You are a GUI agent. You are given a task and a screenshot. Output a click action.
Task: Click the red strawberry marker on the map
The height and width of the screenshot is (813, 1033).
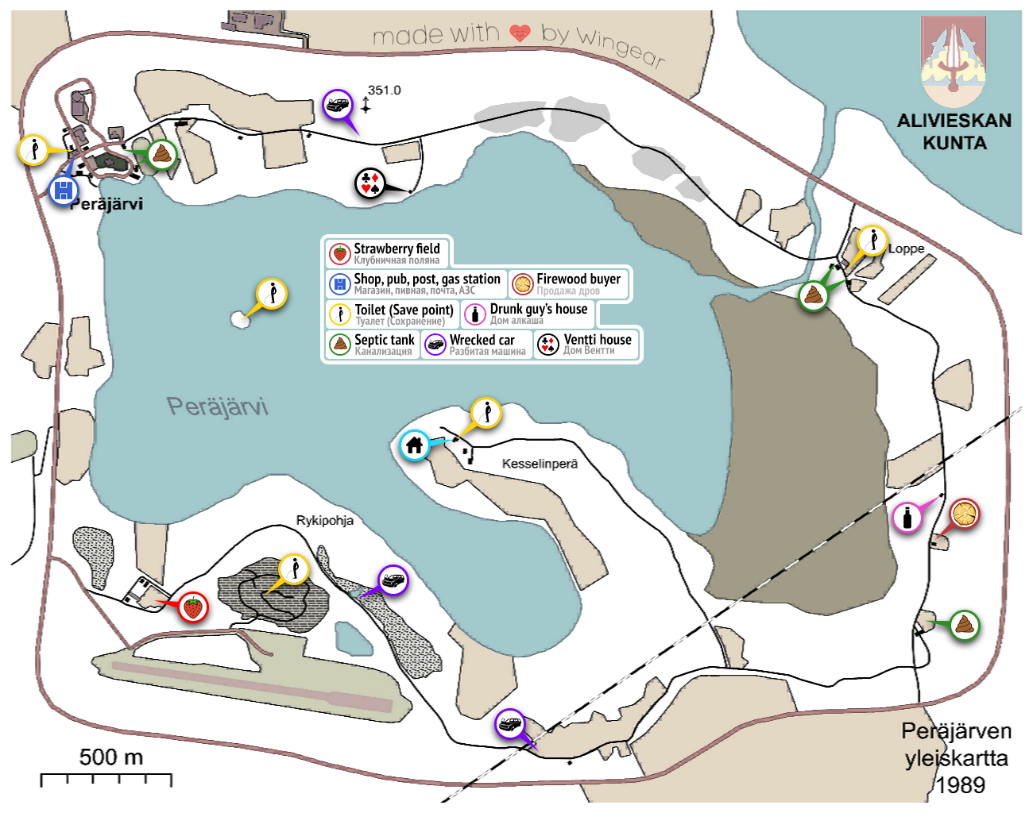coord(192,607)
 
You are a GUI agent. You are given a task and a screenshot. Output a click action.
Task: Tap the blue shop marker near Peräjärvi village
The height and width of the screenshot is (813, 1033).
coord(64,191)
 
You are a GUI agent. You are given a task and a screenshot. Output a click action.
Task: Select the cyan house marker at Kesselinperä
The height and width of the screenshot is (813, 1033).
coord(414,445)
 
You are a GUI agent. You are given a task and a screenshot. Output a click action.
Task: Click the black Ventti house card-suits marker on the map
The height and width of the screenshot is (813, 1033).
coord(369,183)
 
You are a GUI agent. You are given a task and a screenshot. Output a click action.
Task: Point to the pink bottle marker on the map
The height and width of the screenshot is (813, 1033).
coord(907,518)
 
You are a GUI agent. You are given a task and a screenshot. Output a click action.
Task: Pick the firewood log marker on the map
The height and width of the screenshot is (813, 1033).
coord(965,514)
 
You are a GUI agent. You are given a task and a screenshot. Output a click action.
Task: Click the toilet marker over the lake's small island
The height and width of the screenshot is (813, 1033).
coord(272,294)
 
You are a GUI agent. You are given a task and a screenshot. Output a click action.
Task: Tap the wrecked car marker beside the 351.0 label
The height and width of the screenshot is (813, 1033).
coord(338,105)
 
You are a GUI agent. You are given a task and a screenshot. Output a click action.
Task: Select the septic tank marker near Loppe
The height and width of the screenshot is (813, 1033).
coord(814,296)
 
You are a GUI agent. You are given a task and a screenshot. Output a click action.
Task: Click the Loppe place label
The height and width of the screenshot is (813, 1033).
coord(906,249)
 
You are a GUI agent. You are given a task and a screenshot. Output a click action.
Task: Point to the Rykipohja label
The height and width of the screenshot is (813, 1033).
coord(325,521)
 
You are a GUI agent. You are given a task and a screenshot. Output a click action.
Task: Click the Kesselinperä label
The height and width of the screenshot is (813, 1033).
coord(540,464)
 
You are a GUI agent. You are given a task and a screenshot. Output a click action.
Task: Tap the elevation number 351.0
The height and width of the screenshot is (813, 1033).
coord(385,91)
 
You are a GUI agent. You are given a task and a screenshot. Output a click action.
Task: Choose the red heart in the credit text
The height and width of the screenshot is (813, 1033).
coord(520,33)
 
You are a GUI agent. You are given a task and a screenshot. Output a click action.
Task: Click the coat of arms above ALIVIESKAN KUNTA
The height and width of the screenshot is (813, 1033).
coord(954,62)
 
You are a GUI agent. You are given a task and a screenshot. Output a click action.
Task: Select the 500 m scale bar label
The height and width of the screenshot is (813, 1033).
coord(111,757)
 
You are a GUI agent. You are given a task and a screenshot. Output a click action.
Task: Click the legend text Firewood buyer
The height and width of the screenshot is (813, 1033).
coord(578,279)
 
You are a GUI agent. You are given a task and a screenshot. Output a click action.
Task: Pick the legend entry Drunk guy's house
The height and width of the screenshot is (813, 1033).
coord(538,309)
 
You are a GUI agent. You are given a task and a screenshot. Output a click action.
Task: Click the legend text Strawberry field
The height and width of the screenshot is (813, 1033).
coord(397,249)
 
